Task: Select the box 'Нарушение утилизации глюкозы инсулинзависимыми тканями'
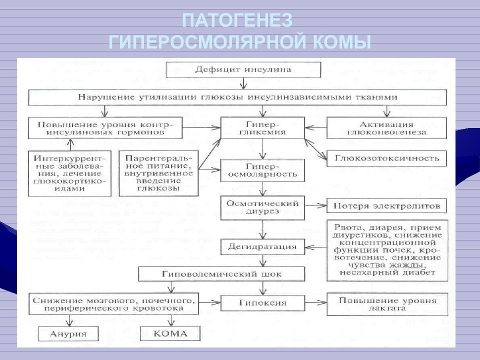(x=237, y=97)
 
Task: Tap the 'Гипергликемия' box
(x=262, y=128)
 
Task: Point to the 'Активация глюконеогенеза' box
(x=387, y=128)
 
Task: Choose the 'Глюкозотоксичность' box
(x=387, y=158)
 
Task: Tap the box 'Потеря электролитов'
(x=387, y=205)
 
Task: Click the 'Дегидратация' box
(x=262, y=246)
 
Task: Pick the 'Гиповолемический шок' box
(x=221, y=274)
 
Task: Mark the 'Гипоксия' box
(x=262, y=303)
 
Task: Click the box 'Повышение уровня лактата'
(x=387, y=304)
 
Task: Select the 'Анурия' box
(x=68, y=333)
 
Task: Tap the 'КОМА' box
(x=170, y=333)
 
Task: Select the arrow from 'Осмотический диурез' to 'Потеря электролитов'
(x=315, y=205)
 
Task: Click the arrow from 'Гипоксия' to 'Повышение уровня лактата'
(x=315, y=302)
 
